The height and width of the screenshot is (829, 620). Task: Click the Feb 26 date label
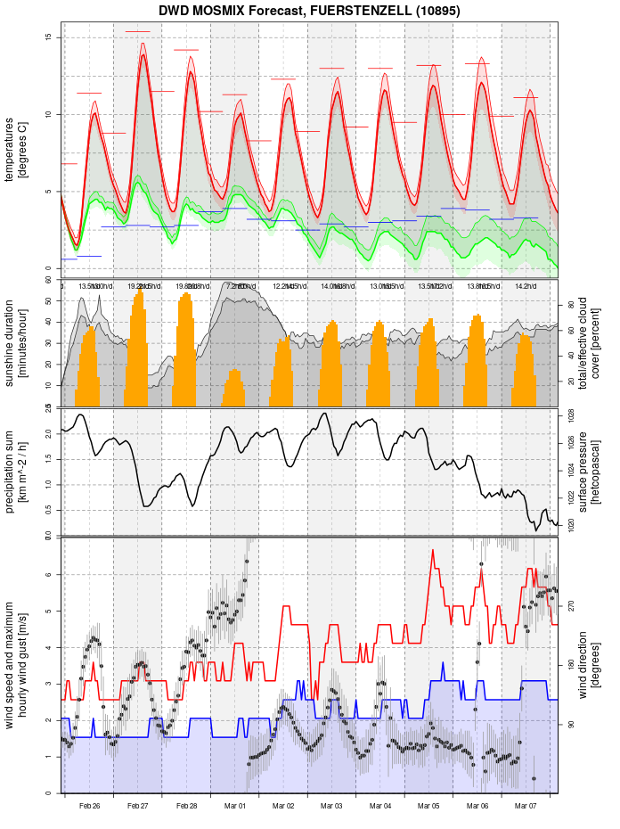pyautogui.click(x=89, y=806)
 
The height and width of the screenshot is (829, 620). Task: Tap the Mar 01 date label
pyautogui.click(x=235, y=806)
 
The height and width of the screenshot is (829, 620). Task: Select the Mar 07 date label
pyautogui.click(x=526, y=806)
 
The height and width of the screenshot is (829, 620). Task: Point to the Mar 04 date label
pyautogui.click(x=380, y=806)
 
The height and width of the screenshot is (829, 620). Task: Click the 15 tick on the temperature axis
pyautogui.click(x=50, y=37)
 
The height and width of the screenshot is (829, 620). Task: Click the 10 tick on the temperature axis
pyautogui.click(x=50, y=114)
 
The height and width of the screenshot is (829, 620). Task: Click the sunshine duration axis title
pyautogui.click(x=17, y=343)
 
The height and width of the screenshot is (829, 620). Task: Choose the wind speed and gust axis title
pyautogui.click(x=17, y=664)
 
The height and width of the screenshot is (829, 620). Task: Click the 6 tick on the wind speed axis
pyautogui.click(x=50, y=574)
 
